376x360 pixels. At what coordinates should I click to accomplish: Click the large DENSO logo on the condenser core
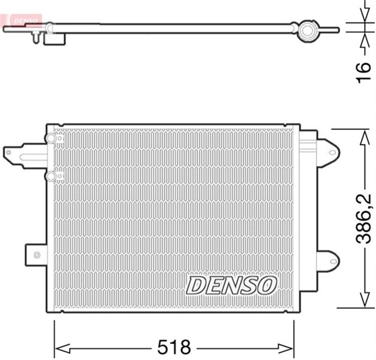(231, 285)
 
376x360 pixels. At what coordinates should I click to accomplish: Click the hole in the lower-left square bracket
(37, 255)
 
